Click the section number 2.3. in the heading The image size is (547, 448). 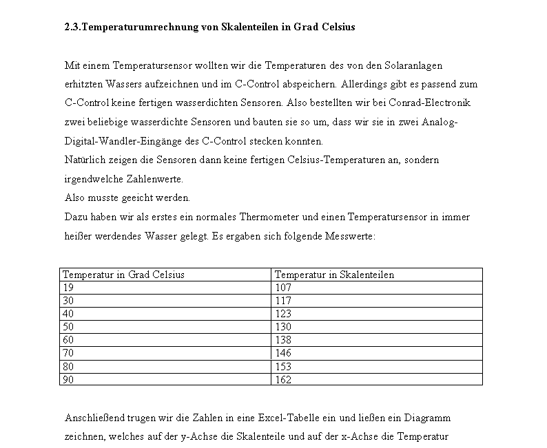coord(72,28)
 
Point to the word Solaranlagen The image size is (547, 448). coord(413,65)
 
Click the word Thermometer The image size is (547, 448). coord(269,217)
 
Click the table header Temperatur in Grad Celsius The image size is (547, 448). coord(123,275)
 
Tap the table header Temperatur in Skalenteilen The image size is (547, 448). coord(334,275)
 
